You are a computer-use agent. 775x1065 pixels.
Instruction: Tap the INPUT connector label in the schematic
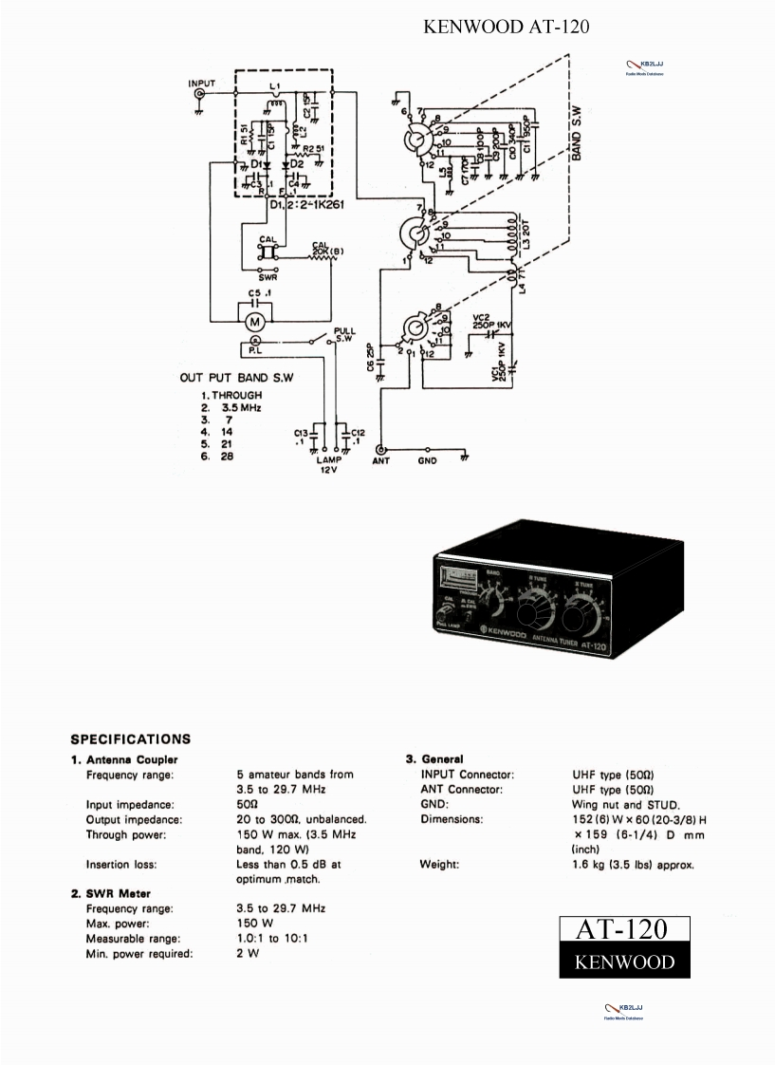(x=201, y=84)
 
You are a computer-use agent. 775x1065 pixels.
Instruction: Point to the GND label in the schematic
(x=428, y=462)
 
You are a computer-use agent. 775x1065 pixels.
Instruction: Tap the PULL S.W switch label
(x=344, y=333)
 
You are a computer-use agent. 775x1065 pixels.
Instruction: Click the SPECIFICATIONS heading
(x=131, y=738)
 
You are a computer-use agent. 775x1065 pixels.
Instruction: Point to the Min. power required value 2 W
(x=244, y=953)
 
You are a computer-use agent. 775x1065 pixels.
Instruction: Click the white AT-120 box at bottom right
(x=623, y=929)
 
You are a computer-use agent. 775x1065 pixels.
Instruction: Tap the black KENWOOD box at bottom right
(x=623, y=962)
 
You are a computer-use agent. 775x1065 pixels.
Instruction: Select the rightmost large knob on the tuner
(x=575, y=621)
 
